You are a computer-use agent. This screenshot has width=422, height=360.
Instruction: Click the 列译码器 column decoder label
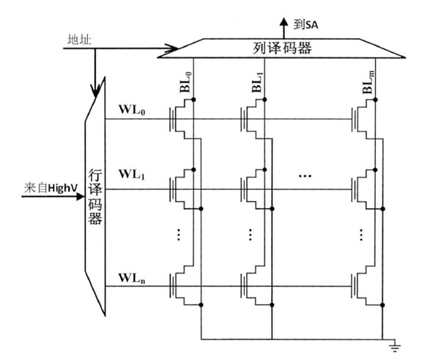point(282,48)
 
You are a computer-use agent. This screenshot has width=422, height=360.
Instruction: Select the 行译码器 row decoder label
point(95,197)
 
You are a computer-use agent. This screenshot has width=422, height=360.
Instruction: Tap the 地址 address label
point(79,40)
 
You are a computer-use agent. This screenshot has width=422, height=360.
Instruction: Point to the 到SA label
point(306,25)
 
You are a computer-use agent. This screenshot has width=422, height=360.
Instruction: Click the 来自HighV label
point(51,188)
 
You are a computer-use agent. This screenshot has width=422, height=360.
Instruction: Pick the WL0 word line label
point(132,109)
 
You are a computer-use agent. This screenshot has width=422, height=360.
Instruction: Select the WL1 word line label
point(132,175)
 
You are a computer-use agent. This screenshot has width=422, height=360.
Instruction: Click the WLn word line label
point(132,278)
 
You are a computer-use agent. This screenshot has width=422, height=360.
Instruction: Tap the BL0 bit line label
point(185,82)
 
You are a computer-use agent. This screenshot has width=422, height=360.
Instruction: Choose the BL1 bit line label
point(257,82)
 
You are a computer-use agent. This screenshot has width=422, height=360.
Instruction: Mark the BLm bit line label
point(369,82)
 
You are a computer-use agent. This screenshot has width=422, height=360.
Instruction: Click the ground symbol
point(395,348)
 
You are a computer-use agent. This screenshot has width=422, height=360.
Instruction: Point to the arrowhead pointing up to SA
point(284,21)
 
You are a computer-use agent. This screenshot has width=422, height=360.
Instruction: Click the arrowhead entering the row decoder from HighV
point(81,196)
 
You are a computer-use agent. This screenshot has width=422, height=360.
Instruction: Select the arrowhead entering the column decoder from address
point(171,48)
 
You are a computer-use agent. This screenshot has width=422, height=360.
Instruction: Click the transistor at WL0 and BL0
point(182,119)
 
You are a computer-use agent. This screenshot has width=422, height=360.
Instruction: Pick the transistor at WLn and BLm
point(364,286)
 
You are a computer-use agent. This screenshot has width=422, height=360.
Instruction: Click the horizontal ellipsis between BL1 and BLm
point(306,176)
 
